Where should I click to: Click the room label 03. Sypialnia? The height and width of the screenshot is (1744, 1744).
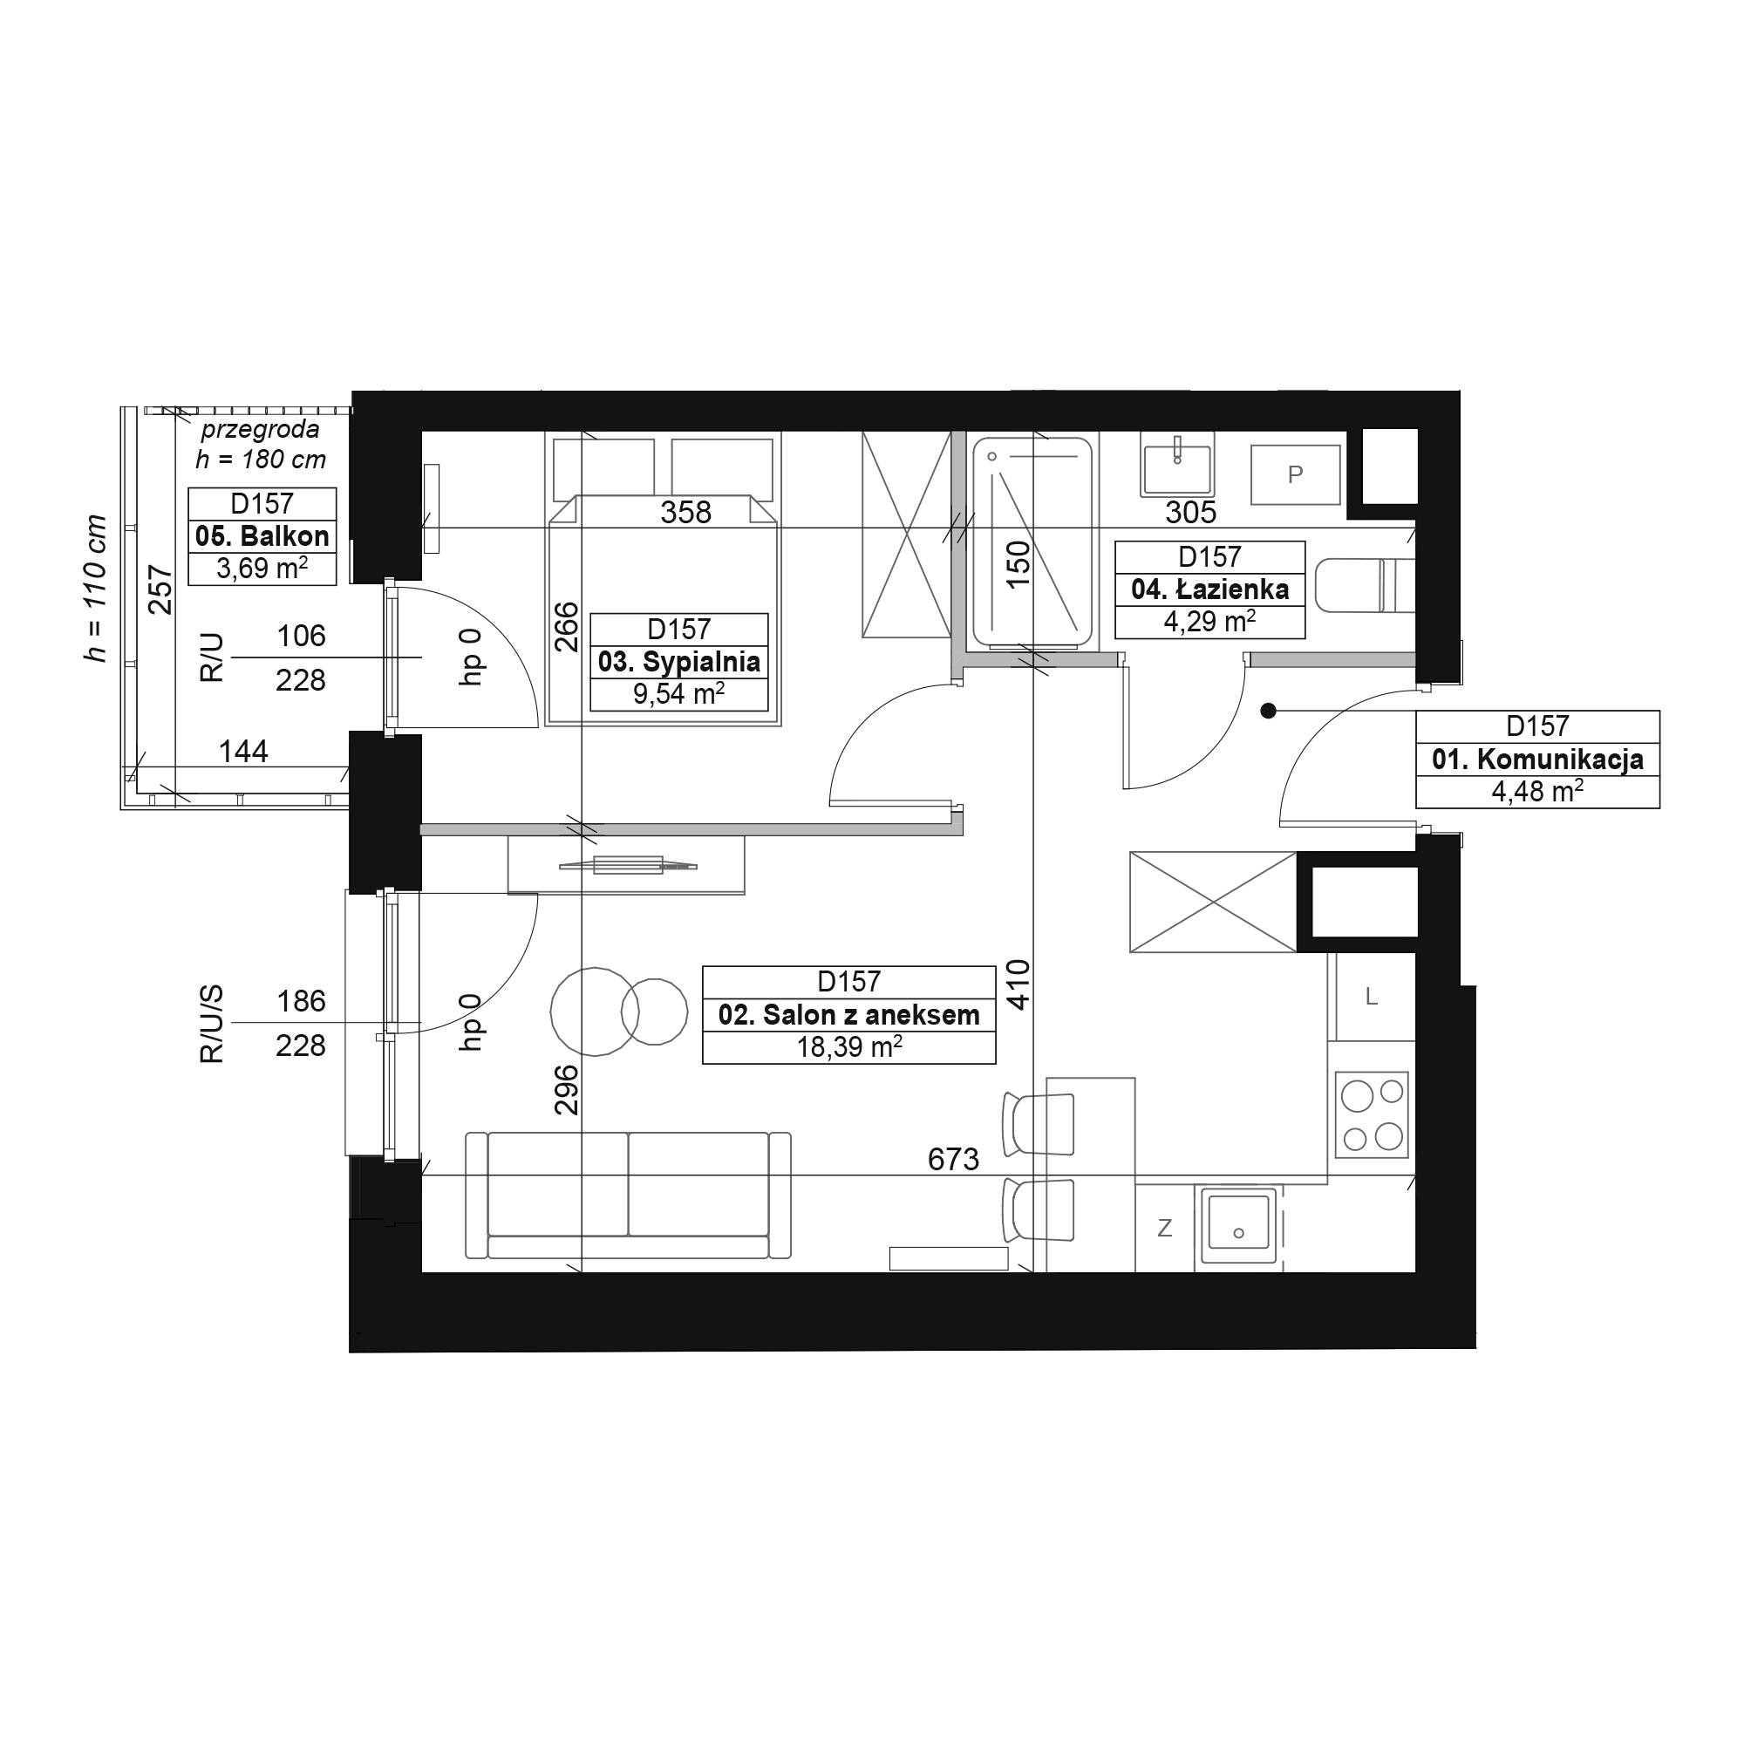[x=678, y=663]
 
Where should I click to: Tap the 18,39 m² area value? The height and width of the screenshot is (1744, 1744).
[x=849, y=1047]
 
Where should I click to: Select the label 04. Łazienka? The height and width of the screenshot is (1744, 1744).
[x=1209, y=589]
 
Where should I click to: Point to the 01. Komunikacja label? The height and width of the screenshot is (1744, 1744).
[x=1537, y=760]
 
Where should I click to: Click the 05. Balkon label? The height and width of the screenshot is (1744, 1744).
[x=262, y=536]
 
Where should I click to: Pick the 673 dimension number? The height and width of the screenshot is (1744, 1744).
[x=953, y=1158]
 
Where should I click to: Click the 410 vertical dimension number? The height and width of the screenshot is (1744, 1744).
[x=1018, y=984]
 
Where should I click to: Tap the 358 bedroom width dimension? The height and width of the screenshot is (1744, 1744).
[x=686, y=512]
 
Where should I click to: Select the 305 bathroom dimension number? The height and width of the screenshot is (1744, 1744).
[x=1190, y=512]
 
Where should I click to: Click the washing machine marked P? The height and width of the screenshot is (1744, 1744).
[x=1294, y=475]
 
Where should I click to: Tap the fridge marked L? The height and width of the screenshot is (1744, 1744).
[x=1370, y=997]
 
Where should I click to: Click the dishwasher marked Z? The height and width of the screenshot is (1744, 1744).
[x=1164, y=1228]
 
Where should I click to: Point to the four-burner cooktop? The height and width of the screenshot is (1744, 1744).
[x=1371, y=1114]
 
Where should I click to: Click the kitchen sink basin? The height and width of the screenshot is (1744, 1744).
[x=1237, y=1224]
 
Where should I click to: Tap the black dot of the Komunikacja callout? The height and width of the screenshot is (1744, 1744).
[x=1268, y=712]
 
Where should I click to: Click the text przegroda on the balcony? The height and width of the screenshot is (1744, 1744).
[x=260, y=430]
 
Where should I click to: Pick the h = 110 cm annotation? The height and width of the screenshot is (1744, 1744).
[x=95, y=589]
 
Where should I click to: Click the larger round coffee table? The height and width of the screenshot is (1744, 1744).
[x=595, y=1011]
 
